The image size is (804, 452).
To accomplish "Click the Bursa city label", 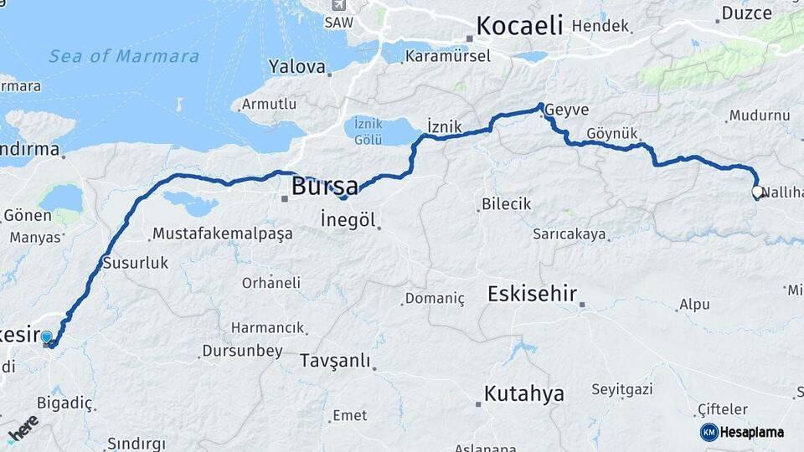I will click(324, 185).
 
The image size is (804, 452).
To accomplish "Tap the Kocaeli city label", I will click(519, 26).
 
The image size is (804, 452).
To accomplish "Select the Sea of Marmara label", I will click(124, 57).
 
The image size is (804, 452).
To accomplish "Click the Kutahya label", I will click(524, 393).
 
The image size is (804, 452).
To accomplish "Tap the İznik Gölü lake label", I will click(368, 130).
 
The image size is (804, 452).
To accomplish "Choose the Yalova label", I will click(296, 66).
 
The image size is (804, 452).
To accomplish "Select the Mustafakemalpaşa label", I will click(223, 234).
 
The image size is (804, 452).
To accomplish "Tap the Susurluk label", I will click(135, 263).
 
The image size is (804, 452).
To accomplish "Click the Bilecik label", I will click(506, 203).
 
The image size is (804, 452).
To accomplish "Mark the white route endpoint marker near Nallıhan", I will click(757, 192).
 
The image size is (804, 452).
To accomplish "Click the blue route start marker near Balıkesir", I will click(47, 337).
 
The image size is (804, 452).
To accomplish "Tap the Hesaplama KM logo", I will click(742, 432).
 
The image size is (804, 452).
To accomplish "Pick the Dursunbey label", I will click(244, 351).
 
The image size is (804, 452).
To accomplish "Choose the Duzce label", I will click(747, 13).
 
